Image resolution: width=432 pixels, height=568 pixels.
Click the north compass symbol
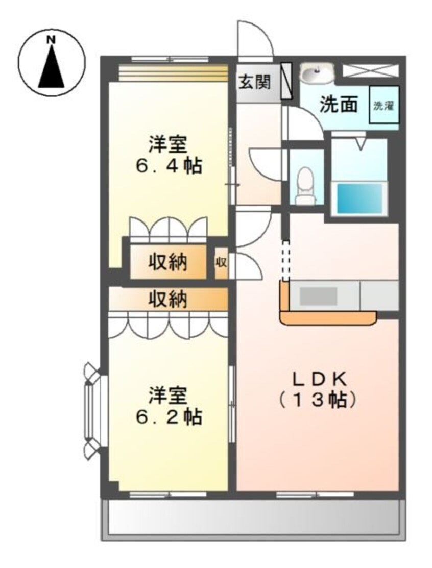point(52,63)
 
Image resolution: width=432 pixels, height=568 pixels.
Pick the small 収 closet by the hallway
point(221,263)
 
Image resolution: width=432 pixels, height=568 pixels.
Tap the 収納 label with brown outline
point(168,262)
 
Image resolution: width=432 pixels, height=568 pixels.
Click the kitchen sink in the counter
point(318,296)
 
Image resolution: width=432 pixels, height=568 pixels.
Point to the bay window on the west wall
point(92,408)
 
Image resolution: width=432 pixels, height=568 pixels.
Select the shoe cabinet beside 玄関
point(287,81)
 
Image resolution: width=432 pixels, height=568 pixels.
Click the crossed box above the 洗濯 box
point(369,70)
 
